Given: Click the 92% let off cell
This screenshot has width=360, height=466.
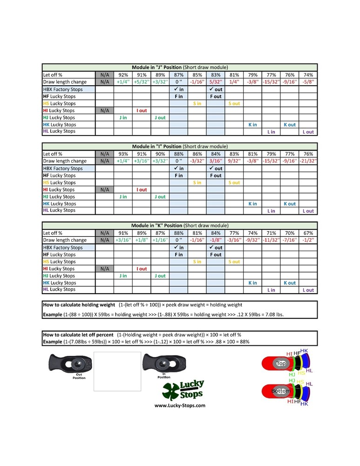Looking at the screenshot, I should [123, 75].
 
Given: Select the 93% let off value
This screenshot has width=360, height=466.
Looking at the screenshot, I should [123, 154].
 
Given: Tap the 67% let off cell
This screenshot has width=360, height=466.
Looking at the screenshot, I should [308, 233].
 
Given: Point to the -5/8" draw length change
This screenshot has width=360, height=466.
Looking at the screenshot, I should [308, 82].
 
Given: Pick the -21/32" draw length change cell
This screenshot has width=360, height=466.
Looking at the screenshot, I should [308, 161].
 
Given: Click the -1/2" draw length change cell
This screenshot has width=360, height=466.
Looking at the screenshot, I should [308, 240].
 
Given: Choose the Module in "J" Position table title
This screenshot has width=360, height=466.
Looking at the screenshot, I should [180, 67].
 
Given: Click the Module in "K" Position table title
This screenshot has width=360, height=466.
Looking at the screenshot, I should [180, 226].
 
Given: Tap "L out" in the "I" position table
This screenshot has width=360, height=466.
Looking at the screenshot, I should [308, 211].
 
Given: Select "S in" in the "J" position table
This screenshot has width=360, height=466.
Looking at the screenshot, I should [197, 103].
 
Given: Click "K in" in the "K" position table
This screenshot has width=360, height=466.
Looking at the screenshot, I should [252, 283].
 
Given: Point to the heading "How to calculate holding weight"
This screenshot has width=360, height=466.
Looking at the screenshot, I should [79, 305].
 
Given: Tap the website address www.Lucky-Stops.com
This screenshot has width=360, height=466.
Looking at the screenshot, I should [180, 405].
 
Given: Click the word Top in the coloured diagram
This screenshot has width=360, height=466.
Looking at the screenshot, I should [280, 363].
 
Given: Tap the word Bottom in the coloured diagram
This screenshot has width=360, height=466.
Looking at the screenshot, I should [280, 391].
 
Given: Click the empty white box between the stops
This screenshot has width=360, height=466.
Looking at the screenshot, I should [117, 371].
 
